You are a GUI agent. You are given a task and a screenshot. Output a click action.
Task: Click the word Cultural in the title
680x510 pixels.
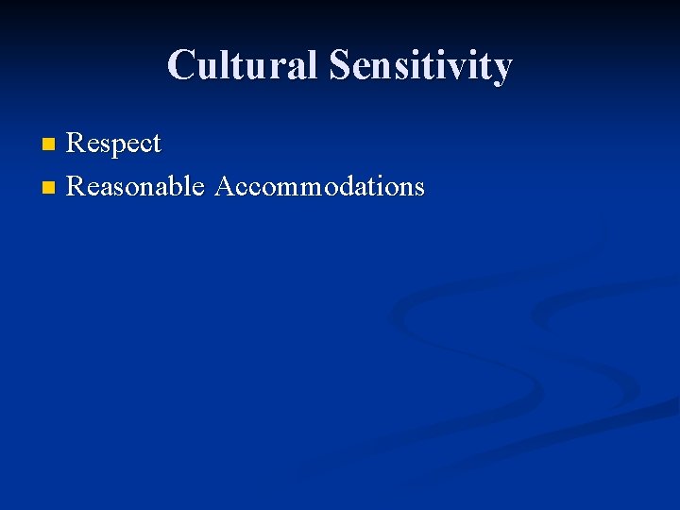244,66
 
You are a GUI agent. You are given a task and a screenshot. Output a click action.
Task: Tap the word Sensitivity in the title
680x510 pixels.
420,66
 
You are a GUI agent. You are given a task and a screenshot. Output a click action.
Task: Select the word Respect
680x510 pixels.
114,144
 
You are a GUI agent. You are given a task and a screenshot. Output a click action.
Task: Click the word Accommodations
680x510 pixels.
320,186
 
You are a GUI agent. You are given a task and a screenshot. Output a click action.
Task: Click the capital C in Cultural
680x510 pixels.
181,66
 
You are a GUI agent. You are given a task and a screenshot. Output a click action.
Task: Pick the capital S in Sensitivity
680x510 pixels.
340,66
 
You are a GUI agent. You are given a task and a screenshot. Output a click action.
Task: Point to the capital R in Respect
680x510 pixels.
76,144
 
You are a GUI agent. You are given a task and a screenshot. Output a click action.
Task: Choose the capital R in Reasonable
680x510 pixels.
76,186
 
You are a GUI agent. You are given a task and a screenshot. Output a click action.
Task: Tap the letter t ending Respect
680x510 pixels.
156,145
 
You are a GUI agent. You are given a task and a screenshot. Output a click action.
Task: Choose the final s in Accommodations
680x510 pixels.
418,188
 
